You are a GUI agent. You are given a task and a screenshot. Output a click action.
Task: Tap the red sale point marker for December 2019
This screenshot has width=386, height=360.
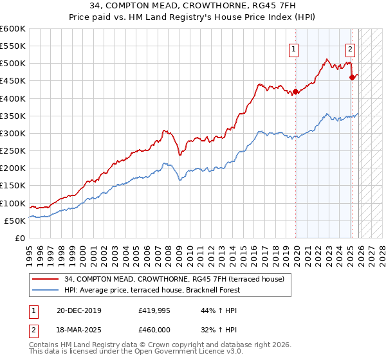point(295,91)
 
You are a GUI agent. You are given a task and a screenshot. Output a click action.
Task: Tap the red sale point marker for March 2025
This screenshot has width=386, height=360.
point(352,77)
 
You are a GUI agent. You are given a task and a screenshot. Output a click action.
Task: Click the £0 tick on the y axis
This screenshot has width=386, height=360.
point(19,238)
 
